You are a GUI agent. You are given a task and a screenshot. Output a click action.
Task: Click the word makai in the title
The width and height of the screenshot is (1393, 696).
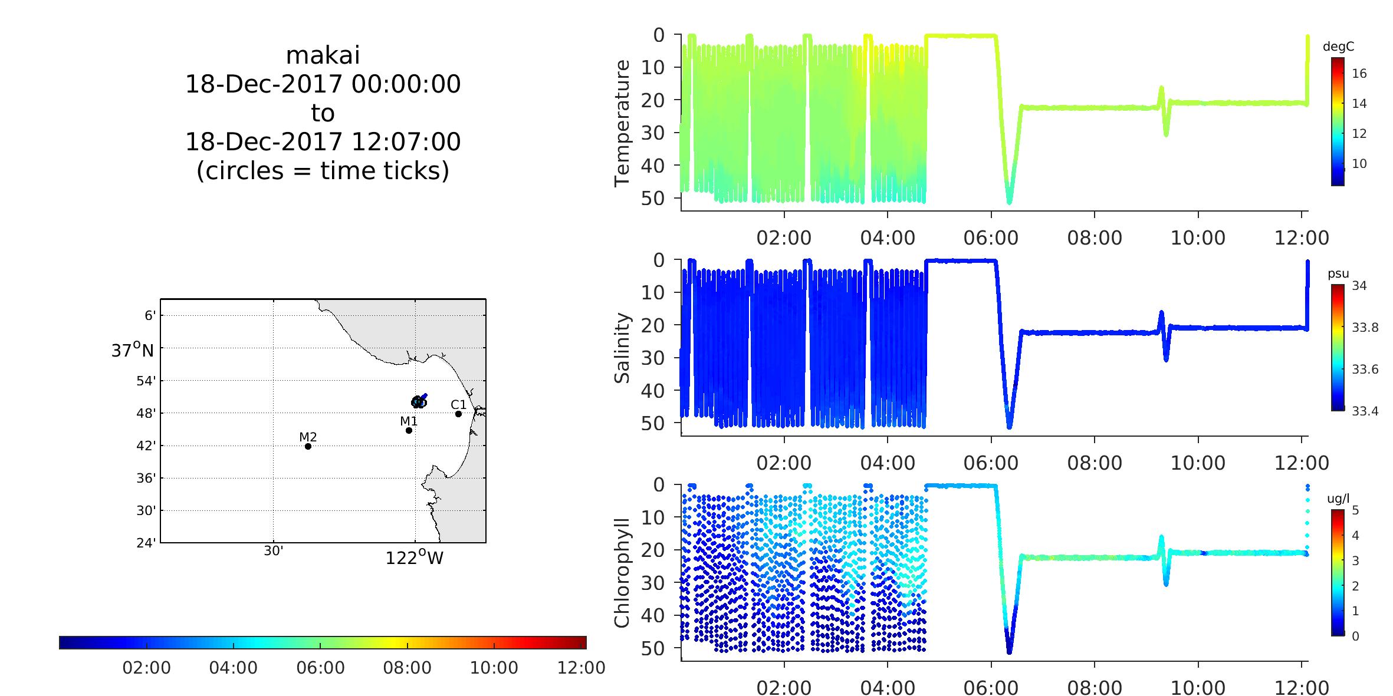tap(323, 55)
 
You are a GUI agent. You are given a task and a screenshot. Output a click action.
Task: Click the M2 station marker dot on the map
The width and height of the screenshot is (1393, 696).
tap(308, 446)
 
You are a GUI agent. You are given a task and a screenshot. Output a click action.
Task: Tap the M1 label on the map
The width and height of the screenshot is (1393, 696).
tap(409, 421)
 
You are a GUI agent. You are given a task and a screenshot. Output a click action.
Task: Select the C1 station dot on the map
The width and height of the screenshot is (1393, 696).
tap(458, 414)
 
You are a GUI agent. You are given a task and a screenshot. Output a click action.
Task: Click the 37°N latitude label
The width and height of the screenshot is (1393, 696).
tap(132, 351)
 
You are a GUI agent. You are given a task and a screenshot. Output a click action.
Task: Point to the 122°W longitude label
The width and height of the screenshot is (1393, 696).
tap(414, 558)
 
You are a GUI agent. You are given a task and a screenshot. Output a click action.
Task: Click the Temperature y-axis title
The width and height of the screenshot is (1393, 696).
tap(622, 123)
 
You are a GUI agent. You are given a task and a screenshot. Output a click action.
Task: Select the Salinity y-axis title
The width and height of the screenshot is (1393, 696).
tap(622, 348)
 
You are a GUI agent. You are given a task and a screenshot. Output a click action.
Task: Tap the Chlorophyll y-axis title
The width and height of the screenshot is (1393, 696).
tap(622, 573)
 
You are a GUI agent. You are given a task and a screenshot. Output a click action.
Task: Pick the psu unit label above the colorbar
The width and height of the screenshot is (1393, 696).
tap(1338, 273)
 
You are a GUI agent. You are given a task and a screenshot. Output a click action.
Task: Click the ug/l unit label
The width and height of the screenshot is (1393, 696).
tap(1338, 499)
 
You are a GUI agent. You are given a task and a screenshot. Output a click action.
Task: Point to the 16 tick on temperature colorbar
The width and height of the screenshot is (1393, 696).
tap(1359, 74)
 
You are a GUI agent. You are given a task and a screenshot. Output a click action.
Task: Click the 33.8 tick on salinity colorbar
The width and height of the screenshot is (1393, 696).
tap(1365, 327)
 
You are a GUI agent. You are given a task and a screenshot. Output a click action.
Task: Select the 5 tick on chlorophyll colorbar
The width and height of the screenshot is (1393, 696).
tap(1355, 510)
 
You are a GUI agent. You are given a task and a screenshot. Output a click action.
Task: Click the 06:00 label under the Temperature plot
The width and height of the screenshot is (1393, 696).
tap(991, 238)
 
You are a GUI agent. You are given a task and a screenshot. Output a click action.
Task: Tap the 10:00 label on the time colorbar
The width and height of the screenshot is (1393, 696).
tap(494, 668)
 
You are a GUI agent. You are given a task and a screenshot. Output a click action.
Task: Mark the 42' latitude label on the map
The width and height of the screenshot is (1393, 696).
tap(146, 446)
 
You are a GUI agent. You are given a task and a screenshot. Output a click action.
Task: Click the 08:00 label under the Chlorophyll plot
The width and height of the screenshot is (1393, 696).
tap(1095, 688)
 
